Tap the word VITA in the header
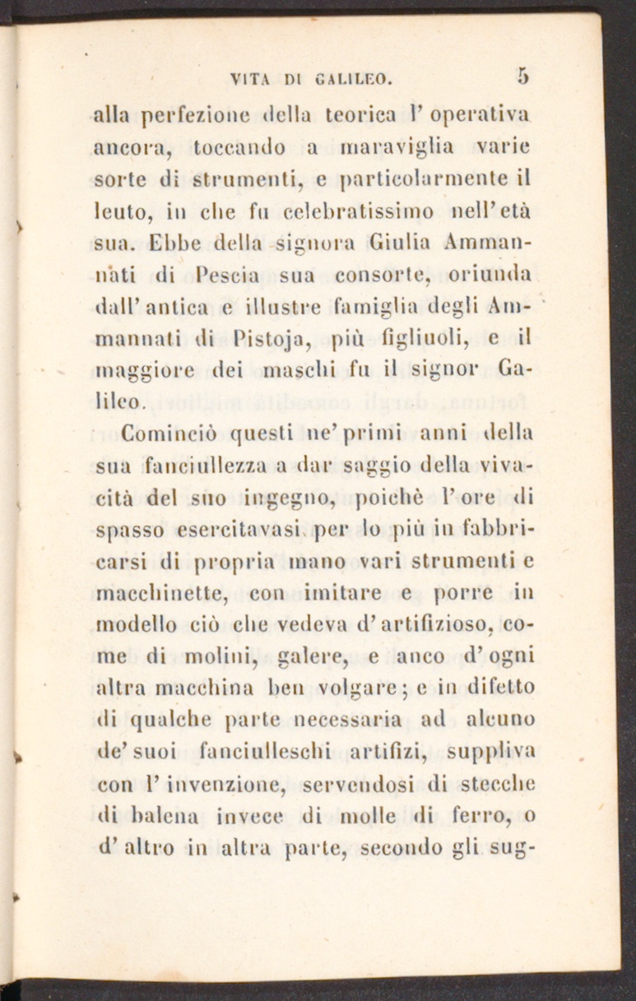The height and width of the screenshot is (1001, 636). [x=248, y=81]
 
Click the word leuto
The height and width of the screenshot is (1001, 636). [x=118, y=215]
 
